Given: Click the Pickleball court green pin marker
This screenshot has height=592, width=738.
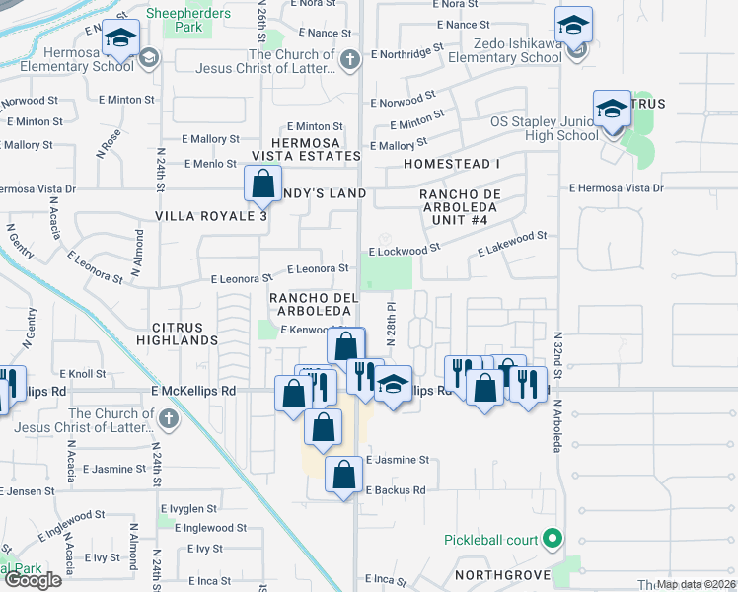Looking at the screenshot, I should point(553,539).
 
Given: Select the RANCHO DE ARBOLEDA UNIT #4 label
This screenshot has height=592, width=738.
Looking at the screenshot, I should point(460,206).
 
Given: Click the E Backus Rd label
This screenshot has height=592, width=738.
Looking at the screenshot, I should point(396,489).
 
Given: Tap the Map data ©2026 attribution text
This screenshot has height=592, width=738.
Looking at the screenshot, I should point(697,584).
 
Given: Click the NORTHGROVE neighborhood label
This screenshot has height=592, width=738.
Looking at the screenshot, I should point(499,574).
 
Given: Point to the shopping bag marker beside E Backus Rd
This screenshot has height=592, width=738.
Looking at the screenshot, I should point(342,476).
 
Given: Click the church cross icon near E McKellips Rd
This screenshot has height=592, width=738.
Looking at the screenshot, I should point(168,419).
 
